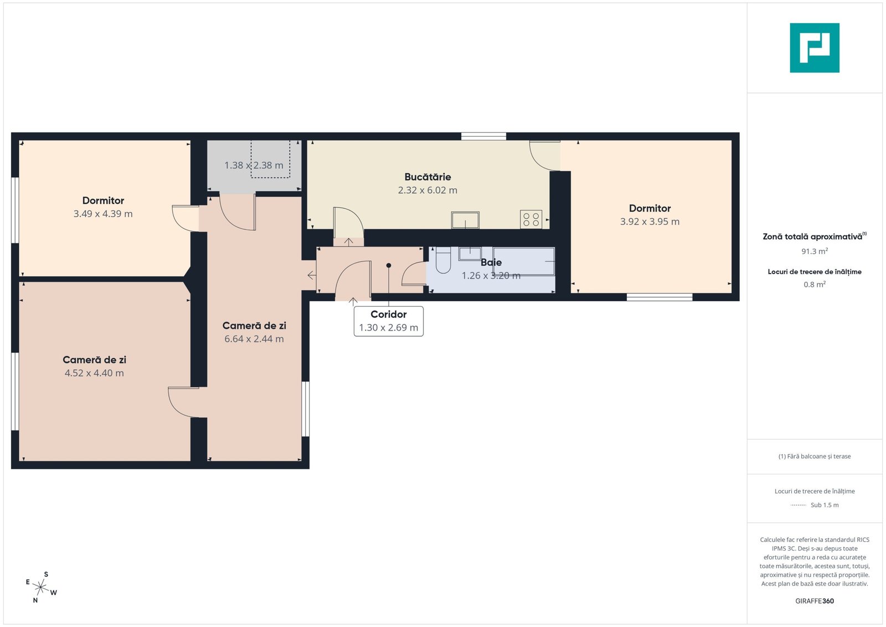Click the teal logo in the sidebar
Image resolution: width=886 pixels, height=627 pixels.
pos(815,48)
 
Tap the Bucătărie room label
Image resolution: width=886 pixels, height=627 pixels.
pos(427,177)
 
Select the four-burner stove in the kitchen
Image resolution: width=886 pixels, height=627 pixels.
pos(531,219)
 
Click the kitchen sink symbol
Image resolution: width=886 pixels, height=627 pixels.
pos(465,220)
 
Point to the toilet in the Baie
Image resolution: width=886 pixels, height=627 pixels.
pos(443,260)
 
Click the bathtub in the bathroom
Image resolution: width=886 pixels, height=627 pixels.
pos(524,261)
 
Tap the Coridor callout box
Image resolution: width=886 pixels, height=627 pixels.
pos(388,321)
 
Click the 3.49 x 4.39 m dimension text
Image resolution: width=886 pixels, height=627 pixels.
pos(103,214)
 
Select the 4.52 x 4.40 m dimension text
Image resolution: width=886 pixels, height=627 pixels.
pos(94,373)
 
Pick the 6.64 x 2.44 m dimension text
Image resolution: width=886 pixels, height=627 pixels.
pos(254,339)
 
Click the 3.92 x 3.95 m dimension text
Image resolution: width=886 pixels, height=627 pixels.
pos(650,222)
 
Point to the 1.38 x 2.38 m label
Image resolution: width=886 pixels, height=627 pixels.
pos(254,166)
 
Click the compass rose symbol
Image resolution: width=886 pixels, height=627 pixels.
pos(41,587)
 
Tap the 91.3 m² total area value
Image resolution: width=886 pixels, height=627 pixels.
pos(815,251)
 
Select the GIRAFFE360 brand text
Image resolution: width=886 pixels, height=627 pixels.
pos(815,601)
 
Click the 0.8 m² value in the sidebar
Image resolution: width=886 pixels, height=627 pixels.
pos(815,285)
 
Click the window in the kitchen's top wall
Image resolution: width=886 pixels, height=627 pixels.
pos(484,136)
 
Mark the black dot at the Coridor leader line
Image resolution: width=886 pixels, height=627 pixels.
pos(389,265)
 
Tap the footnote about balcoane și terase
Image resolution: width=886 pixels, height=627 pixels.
pos(815,456)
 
